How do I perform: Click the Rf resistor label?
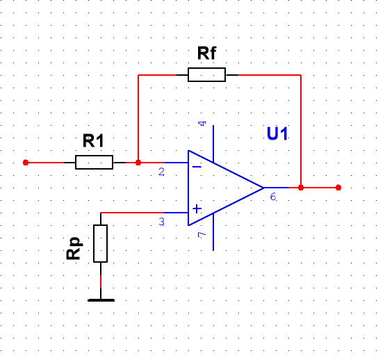206,54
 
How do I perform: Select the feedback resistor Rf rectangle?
206,74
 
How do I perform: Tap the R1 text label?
93,140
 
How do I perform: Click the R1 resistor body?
94,163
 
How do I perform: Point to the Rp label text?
74,248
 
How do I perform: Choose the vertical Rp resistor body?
101,243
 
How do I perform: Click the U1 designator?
277,133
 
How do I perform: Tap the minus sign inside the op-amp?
197,167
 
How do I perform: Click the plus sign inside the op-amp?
197,209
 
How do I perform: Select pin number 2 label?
161,172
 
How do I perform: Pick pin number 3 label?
161,222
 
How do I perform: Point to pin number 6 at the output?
273,197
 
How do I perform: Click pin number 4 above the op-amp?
202,123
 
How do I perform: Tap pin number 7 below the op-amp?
202,234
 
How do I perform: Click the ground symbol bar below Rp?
101,300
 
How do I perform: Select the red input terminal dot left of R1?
26,163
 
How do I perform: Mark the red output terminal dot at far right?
338,188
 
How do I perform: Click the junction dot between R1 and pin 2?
138,163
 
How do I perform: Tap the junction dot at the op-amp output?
301,188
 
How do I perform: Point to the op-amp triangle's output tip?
263,188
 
